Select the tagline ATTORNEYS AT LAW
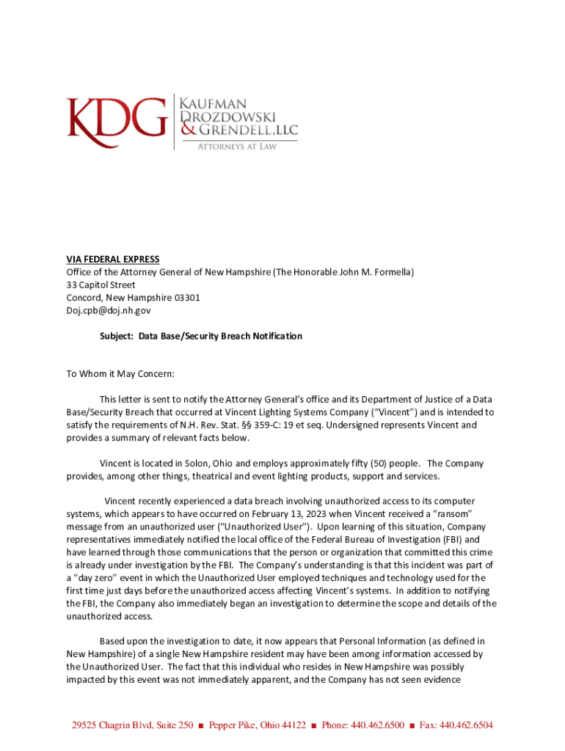[236, 147]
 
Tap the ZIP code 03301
[185, 298]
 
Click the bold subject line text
[200, 336]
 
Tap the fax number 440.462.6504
[465, 725]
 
